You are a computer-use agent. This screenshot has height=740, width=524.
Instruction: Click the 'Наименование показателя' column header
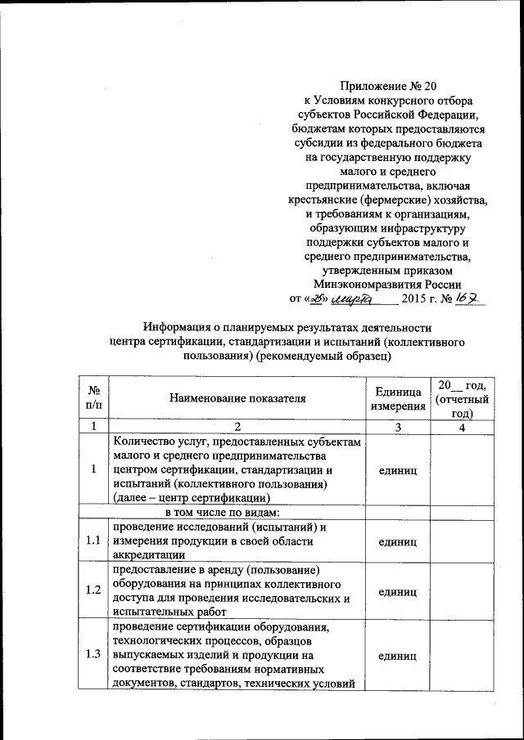[x=237, y=398]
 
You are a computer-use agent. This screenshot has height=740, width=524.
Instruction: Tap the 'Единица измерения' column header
[x=397, y=398]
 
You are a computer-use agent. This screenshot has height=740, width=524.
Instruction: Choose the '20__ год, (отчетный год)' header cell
[x=462, y=398]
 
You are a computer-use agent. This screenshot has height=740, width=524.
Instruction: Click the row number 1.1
[x=94, y=540]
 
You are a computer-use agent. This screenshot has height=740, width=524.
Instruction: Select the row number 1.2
[x=94, y=590]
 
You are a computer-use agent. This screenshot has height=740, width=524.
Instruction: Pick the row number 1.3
[x=94, y=655]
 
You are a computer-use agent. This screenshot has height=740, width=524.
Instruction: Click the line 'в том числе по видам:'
[x=221, y=513]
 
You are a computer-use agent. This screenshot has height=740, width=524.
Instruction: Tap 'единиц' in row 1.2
[x=397, y=590]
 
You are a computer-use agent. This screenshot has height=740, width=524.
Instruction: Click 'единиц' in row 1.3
[x=397, y=655]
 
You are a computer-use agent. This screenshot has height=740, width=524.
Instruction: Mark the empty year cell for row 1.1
[x=462, y=540]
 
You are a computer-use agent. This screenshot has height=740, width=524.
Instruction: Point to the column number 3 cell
[x=397, y=426]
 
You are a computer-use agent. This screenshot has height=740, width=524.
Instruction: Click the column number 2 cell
[x=237, y=426]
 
